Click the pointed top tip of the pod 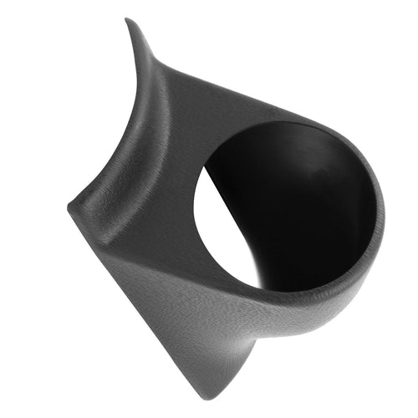point(128,21)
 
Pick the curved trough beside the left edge point(125,159)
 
